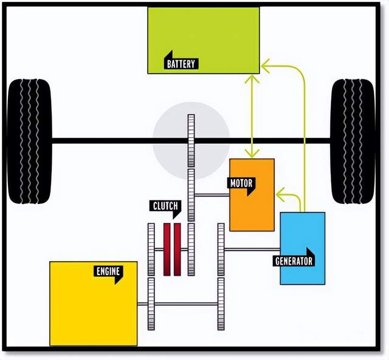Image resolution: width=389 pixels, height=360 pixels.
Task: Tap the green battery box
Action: pyautogui.click(x=204, y=41)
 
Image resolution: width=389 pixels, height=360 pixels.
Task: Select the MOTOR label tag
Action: pyautogui.click(x=241, y=185)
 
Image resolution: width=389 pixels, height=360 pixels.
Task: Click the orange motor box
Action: pyautogui.click(x=252, y=195)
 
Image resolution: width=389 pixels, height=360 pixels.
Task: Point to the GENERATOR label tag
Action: pyautogui.click(x=294, y=259)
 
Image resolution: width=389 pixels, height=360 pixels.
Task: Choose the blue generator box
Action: pyautogui.click(x=303, y=248)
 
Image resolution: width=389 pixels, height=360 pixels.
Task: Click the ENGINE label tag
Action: pyautogui.click(x=108, y=273)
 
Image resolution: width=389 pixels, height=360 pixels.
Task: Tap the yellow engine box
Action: pyautogui.click(x=94, y=304)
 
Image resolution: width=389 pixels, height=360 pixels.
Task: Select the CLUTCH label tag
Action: pyautogui.click(x=165, y=208)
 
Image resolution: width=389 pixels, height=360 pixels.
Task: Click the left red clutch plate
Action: pyautogui.click(x=167, y=250)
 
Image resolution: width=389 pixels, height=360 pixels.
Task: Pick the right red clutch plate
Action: pyautogui.click(x=177, y=250)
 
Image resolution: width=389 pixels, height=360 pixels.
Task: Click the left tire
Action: pyautogui.click(x=30, y=141)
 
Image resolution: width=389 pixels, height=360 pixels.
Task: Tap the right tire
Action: pyautogui.click(x=353, y=141)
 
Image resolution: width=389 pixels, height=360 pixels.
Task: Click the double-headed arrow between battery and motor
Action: pyautogui.click(x=252, y=116)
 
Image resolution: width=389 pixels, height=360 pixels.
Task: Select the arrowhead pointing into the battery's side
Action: pyautogui.click(x=266, y=66)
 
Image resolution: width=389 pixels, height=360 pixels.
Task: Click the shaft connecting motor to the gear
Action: pyautogui.click(x=212, y=195)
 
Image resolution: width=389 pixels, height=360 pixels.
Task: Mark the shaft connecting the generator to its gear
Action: pyautogui.click(x=252, y=250)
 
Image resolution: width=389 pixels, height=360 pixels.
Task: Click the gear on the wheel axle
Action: pyautogui.click(x=191, y=140)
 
